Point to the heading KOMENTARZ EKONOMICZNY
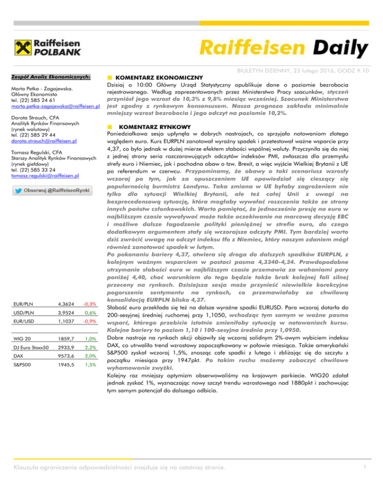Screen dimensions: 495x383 click(x=158, y=78)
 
